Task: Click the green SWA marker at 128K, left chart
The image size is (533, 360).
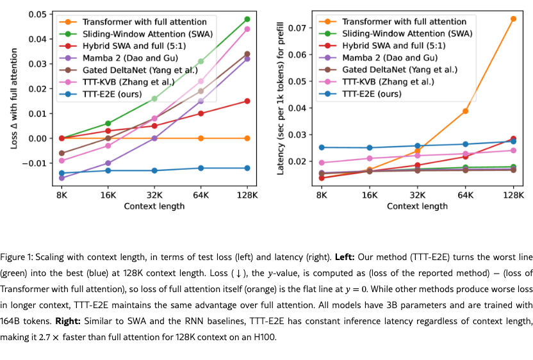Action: click(247, 19)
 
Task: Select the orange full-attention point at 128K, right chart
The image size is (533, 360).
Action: click(513, 19)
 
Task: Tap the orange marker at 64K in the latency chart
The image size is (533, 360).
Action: click(466, 111)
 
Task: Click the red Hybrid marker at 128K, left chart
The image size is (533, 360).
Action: click(247, 101)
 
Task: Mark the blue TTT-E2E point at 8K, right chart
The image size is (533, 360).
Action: click(322, 147)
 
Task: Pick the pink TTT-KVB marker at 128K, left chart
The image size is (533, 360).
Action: click(247, 29)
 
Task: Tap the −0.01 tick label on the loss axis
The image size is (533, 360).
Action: click(36, 163)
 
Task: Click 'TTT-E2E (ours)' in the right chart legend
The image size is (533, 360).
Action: click(372, 94)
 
